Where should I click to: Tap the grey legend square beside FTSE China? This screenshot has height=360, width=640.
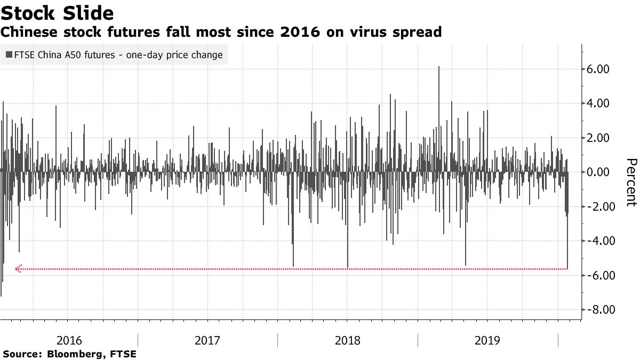9,55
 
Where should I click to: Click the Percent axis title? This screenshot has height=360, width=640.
631,182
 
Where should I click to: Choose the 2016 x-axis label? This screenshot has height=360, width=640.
69,340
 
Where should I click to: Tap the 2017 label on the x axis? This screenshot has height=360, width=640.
208,340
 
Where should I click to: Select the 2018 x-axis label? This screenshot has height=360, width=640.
348,340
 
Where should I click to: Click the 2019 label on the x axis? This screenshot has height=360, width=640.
487,340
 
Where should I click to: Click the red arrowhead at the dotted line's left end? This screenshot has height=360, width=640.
19,269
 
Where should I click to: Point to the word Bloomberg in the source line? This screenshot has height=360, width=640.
73,354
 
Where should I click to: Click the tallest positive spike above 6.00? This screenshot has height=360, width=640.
439,68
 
